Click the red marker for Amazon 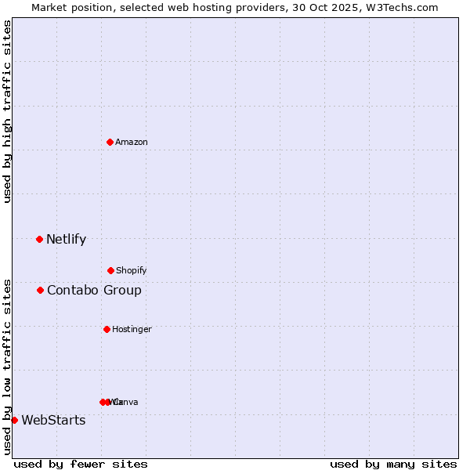110,142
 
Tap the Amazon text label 132,143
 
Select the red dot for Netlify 39,239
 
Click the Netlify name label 66,240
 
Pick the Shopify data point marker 110,270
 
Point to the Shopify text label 132,271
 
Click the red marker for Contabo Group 40,290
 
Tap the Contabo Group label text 94,291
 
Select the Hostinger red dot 107,329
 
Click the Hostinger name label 132,330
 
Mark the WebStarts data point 14,420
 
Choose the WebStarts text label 53,421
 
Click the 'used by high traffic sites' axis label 8,111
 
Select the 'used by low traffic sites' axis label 8,366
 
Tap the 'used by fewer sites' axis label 81,465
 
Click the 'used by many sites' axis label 393,465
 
